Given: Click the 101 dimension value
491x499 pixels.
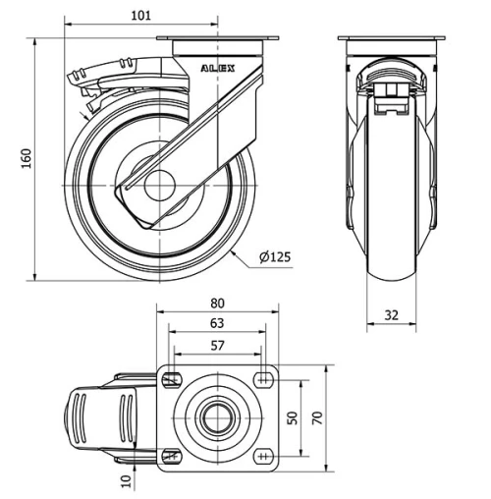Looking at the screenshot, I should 142,15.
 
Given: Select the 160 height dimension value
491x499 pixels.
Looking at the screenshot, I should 27,158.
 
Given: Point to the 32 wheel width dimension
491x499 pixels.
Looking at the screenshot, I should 392,315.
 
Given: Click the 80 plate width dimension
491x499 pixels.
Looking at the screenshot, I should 218,304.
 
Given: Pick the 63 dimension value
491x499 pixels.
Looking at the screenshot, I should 218,323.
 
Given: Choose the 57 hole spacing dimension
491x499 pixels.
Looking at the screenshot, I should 218,345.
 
